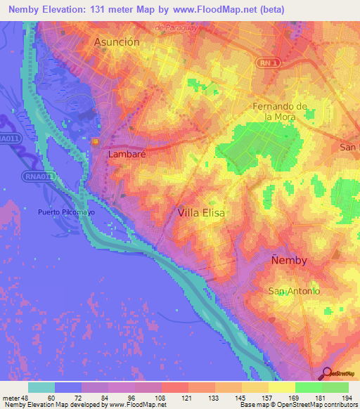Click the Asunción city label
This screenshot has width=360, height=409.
[117, 42]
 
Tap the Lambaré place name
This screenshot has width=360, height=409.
[126, 152]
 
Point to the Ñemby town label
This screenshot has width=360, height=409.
[289, 260]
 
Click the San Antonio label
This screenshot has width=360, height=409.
[295, 291]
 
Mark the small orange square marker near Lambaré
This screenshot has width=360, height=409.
[94, 142]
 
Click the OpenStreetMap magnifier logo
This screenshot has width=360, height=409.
[327, 373]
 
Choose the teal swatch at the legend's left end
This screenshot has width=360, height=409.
[41, 387]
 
